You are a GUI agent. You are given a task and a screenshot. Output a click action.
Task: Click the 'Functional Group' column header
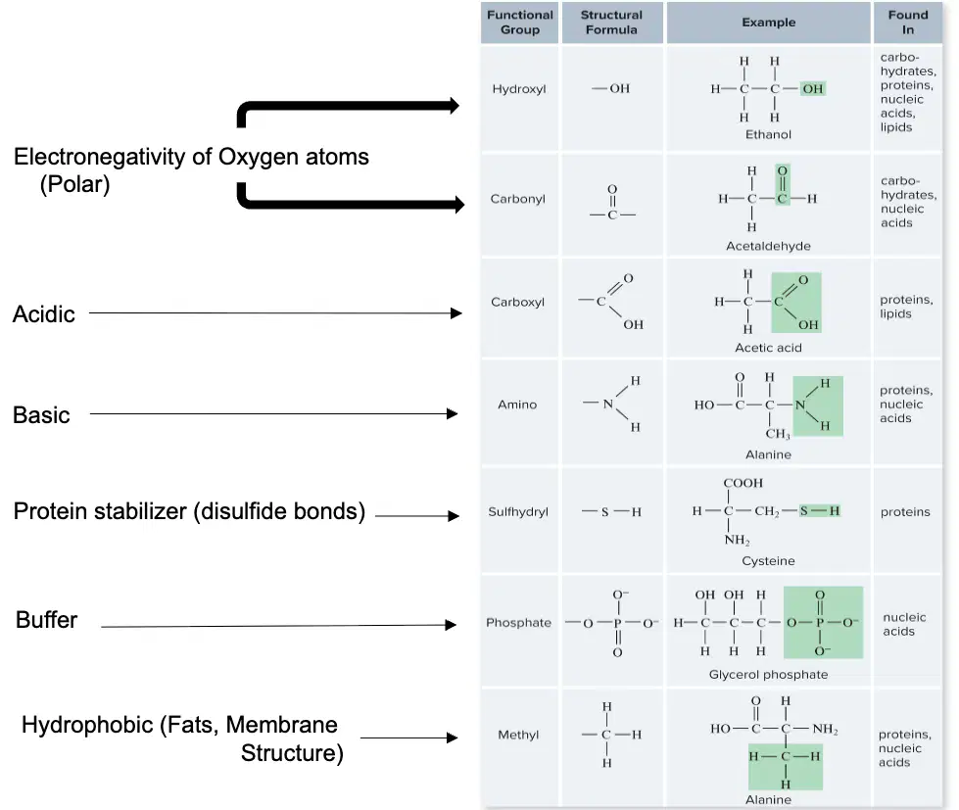[520, 22]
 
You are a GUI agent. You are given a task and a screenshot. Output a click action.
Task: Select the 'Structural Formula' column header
[611, 22]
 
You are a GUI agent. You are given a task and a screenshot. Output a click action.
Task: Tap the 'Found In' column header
[908, 22]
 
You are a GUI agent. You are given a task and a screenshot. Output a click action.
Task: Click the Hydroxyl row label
[519, 89]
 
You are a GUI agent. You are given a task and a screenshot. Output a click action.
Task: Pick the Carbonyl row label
[517, 199]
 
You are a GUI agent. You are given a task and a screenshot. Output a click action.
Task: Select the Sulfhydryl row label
[518, 511]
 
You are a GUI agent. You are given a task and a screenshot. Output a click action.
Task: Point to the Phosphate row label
[518, 622]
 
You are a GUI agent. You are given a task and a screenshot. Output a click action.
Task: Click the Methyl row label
[518, 735]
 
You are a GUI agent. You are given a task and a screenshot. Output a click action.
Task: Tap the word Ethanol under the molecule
[768, 134]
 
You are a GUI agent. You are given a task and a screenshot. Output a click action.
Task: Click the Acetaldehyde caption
[768, 246]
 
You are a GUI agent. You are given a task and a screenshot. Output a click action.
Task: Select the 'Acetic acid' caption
[768, 348]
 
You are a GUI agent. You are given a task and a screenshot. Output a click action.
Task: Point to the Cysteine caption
[768, 560]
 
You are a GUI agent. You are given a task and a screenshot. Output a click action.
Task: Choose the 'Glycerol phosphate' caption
[768, 674]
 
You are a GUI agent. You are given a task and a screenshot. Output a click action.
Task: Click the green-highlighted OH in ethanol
[813, 89]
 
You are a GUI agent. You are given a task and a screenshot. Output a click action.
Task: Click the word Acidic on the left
[44, 314]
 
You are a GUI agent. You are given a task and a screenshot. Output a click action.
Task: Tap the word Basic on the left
[41, 415]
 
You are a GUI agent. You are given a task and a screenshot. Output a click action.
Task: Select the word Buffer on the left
[46, 620]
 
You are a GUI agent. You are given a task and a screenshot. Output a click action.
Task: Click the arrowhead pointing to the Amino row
[452, 414]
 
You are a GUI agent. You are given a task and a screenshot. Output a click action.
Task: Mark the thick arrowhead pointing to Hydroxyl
[454, 105]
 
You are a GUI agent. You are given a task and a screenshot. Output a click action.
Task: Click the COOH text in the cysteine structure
[743, 483]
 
